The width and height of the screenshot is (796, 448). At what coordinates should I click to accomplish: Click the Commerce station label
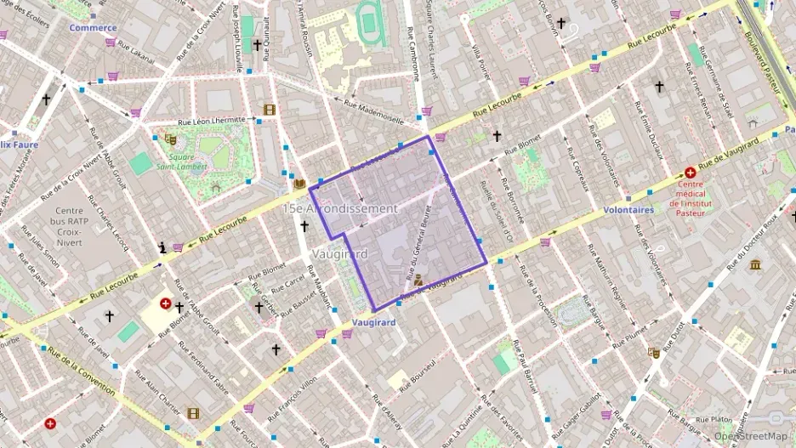[93, 27]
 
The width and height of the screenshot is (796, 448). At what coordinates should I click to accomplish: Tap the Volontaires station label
[628, 209]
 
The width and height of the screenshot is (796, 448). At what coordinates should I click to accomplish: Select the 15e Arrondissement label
[340, 208]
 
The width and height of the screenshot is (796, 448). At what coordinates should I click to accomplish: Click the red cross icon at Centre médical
[690, 173]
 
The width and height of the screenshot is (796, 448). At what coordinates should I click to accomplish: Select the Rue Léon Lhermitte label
[211, 122]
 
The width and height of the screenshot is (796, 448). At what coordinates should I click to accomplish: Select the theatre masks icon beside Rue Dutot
[654, 352]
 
